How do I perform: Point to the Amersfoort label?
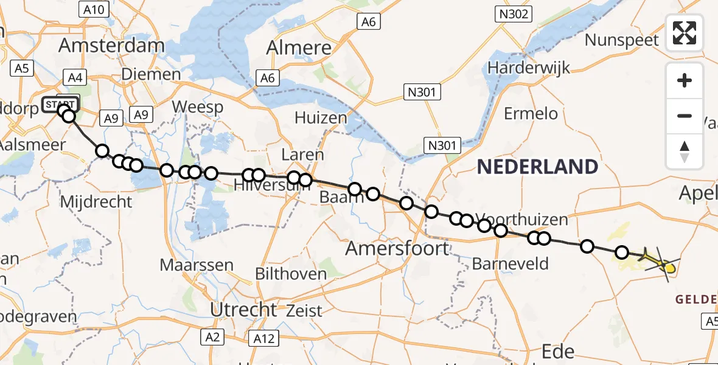(x=397, y=248)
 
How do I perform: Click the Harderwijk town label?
(x=528, y=67)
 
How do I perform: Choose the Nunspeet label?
(x=622, y=40)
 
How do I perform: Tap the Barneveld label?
(x=510, y=264)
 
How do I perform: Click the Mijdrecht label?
(x=96, y=201)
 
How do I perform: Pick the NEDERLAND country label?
(x=537, y=166)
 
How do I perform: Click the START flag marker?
(x=60, y=103)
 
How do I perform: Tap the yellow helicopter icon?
(x=660, y=263)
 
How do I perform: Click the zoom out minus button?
(x=685, y=116)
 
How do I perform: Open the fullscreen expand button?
(x=685, y=33)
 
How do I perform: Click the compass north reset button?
(x=685, y=151)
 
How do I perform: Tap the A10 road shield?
(x=94, y=9)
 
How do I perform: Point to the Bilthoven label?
(x=291, y=274)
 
